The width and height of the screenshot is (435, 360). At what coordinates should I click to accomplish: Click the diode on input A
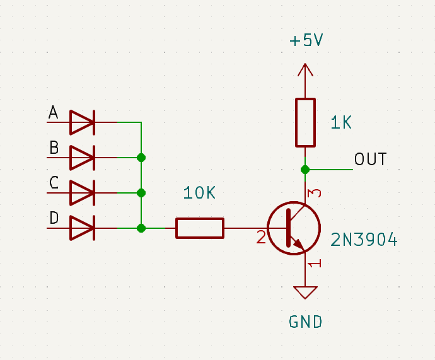pos(82,122)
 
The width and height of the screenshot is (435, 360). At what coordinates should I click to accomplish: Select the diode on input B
pos(82,157)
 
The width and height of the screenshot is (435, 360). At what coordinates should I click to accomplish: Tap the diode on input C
pos(82,192)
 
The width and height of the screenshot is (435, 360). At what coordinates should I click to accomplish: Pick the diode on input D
pos(82,228)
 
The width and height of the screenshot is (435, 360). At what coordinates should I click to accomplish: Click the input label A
pos(54,113)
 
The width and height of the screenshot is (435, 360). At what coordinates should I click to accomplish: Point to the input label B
pos(54,149)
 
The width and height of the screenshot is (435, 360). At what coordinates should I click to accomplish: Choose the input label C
pos(54,183)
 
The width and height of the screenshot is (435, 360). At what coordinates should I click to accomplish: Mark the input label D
pos(54,219)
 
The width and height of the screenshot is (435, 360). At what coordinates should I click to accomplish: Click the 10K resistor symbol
pos(199,228)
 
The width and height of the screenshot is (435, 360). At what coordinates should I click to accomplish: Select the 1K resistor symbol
pos(305,122)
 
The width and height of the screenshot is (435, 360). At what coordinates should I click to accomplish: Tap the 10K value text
pos(199,194)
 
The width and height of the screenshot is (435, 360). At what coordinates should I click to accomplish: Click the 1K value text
pos(341,123)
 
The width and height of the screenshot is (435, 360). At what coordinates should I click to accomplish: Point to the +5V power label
pos(306,41)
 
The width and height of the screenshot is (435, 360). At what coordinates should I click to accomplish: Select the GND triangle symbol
pos(306,293)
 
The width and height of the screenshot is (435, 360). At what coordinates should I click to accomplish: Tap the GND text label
pos(306,322)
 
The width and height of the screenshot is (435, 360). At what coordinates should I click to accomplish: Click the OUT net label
pos(370,159)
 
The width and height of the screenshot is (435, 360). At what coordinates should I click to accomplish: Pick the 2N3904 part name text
pos(364,240)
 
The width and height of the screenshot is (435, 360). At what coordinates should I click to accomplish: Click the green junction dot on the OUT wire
pos(305,169)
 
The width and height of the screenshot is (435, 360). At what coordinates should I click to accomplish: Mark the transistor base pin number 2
pos(261,238)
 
